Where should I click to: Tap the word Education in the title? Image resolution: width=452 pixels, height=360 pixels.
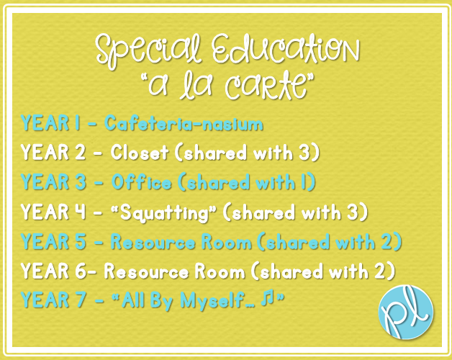tap(286, 49)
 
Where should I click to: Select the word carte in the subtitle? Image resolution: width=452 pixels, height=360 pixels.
tap(266, 86)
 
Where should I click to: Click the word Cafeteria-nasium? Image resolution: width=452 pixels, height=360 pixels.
tap(184, 123)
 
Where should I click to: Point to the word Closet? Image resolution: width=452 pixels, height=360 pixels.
tap(140, 153)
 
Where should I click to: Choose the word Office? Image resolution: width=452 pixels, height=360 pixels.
tap(141, 182)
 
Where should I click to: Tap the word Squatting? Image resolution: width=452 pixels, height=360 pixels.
tap(164, 213)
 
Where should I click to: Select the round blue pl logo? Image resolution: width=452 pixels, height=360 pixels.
tap(406, 312)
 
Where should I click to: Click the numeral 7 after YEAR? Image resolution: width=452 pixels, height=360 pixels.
tap(81, 300)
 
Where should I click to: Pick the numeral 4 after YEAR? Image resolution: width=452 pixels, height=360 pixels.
tap(81, 212)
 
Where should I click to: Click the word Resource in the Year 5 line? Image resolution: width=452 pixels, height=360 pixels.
tap(153, 242)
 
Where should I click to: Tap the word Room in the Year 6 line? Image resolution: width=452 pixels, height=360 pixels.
tap(220, 271)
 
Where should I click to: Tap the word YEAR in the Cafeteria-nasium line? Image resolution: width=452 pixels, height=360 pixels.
tap(45, 123)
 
